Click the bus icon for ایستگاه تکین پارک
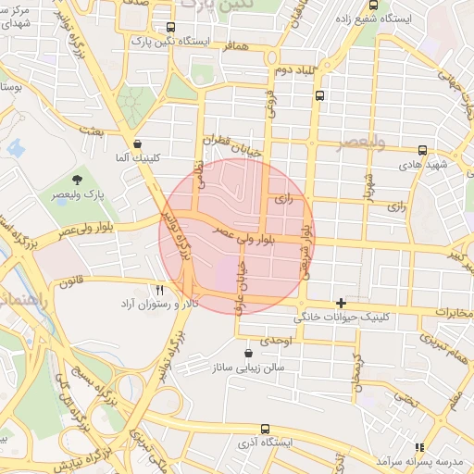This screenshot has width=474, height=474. (168, 28)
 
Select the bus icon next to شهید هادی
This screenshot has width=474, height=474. (423, 149)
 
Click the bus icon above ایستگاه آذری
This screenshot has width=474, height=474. (266, 429)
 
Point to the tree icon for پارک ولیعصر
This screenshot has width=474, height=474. (76, 181)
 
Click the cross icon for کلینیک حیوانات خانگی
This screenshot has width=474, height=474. (342, 303)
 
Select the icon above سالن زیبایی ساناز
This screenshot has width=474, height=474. (247, 354)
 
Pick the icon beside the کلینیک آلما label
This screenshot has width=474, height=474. (138, 144)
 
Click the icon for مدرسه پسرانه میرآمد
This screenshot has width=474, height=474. (418, 446)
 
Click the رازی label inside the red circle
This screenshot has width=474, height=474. (284, 198)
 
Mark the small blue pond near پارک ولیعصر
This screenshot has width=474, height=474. (15, 146)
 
